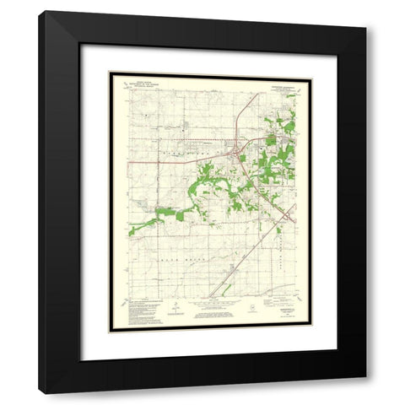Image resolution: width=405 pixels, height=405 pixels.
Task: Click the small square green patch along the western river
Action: pyautogui.click(x=179, y=216)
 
